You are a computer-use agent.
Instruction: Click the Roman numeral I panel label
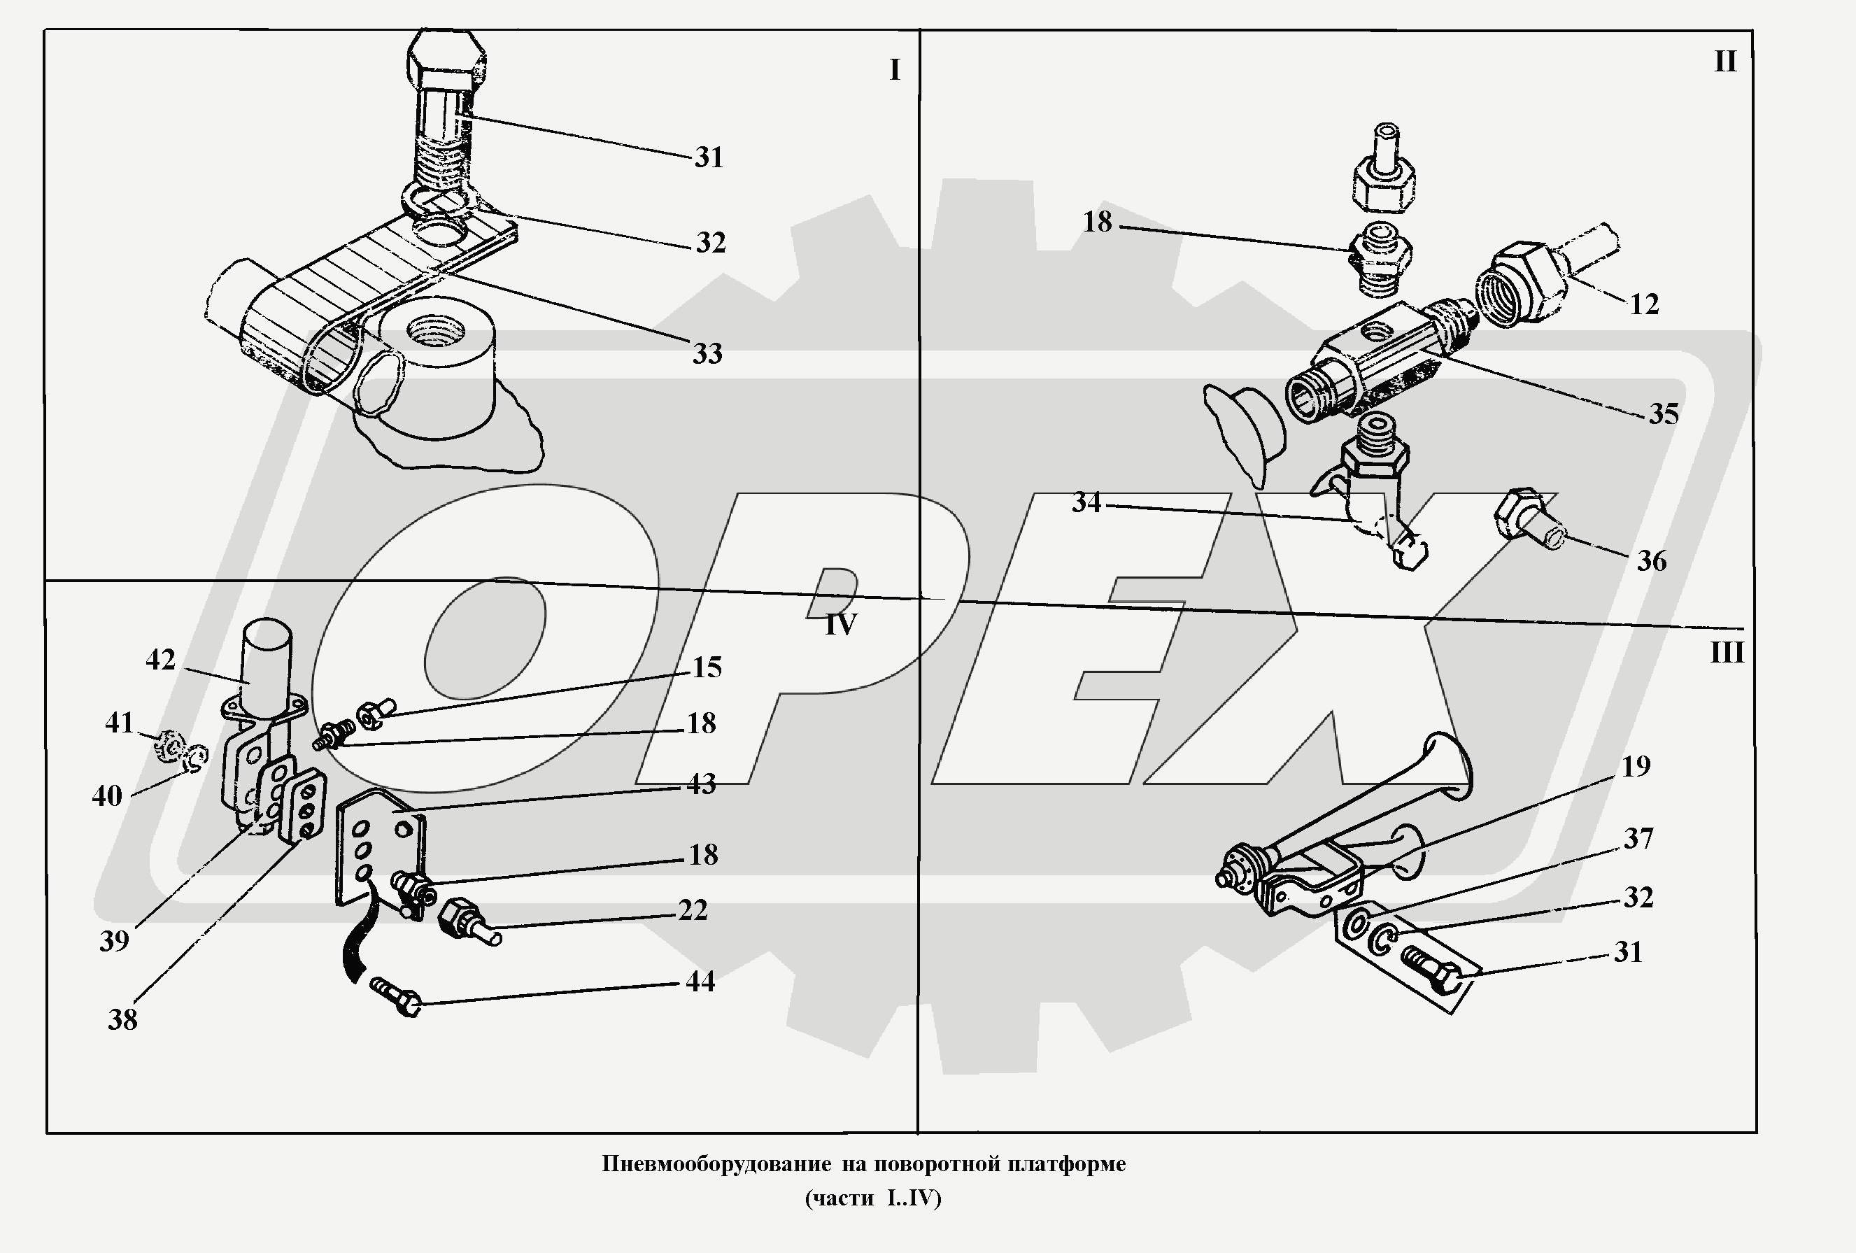tap(895, 70)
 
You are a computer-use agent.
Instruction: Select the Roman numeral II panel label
tap(1726, 62)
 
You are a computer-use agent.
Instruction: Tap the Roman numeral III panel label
tap(1727, 653)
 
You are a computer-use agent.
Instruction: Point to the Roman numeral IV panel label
tap(840, 625)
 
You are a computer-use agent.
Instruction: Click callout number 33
tap(707, 354)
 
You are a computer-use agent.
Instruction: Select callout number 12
tap(1644, 304)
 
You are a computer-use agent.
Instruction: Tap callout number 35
tap(1664, 414)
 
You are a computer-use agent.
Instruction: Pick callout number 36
tap(1652, 561)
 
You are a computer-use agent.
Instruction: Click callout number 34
tap(1086, 503)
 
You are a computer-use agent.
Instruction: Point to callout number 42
tap(160, 660)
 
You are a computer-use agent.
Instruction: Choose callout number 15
tap(707, 667)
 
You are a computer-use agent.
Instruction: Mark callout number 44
tap(700, 982)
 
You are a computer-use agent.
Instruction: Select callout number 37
tap(1638, 839)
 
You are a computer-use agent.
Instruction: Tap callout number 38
tap(123, 1020)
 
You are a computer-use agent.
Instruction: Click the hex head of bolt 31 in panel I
tap(446, 58)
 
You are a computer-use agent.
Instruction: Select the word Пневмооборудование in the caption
tap(716, 1164)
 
